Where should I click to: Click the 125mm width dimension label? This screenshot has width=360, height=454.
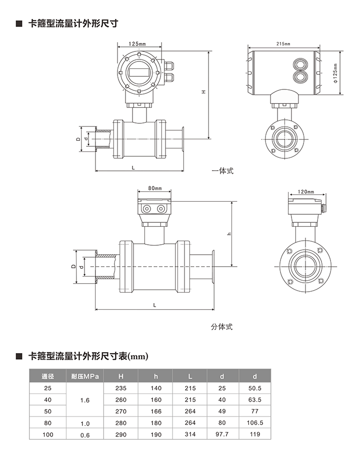pyautogui.click(x=136, y=44)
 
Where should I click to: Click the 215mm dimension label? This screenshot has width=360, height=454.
pyautogui.click(x=282, y=44)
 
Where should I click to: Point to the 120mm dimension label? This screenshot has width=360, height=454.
pyautogui.click(x=305, y=192)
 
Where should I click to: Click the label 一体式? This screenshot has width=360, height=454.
pyautogui.click(x=222, y=171)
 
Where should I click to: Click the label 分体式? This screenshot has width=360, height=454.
pyautogui.click(x=221, y=327)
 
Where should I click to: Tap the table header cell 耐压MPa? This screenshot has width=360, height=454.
pyautogui.click(x=84, y=376)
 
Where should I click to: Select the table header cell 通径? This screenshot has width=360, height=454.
pyautogui.click(x=48, y=376)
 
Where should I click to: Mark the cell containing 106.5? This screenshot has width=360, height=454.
pyautogui.click(x=255, y=424)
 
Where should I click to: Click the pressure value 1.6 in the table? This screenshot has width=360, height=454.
pyautogui.click(x=84, y=400)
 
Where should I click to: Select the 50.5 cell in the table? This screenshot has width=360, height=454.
pyautogui.click(x=255, y=388)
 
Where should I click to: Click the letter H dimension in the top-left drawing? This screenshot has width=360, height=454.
pyautogui.click(x=203, y=92)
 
